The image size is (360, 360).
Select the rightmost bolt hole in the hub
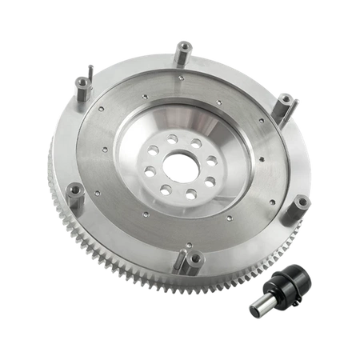pos(211,161)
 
